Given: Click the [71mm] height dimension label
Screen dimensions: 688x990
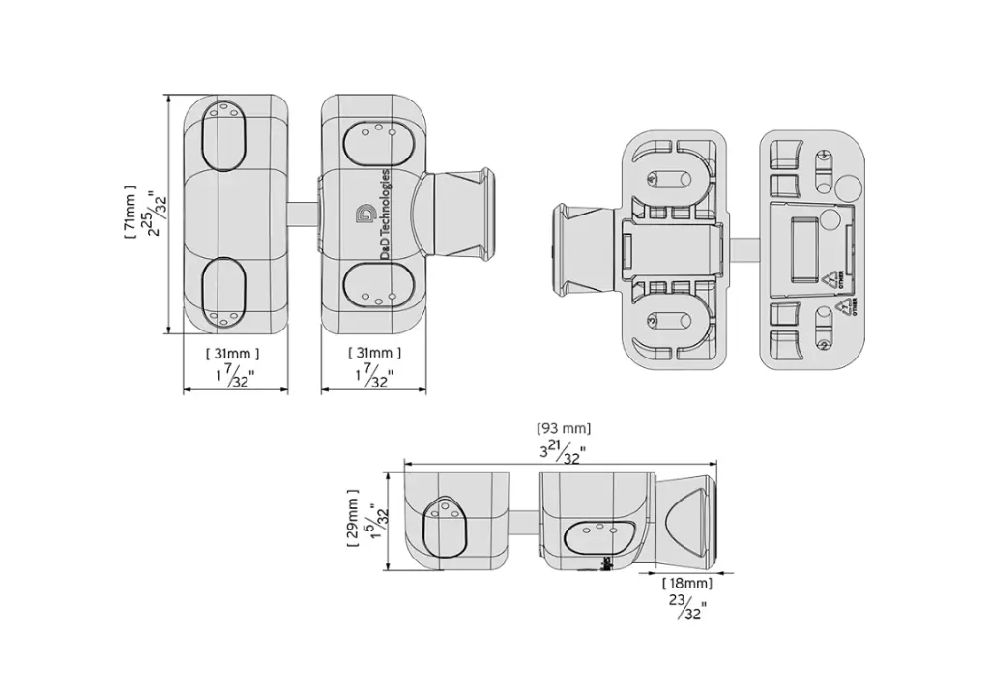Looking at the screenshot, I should [x=130, y=214].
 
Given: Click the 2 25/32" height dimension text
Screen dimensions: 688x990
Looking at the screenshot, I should [x=154, y=214].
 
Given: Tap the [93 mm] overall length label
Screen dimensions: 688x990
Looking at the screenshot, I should [x=564, y=428].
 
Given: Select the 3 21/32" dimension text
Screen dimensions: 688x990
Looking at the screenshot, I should [x=565, y=451].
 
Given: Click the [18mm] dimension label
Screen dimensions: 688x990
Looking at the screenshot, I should [x=687, y=584].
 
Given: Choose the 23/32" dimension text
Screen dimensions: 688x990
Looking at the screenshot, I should [x=687, y=608].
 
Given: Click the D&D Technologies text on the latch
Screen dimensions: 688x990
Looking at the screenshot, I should [x=386, y=215].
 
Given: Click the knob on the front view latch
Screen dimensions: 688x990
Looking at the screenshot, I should [x=462, y=215].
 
